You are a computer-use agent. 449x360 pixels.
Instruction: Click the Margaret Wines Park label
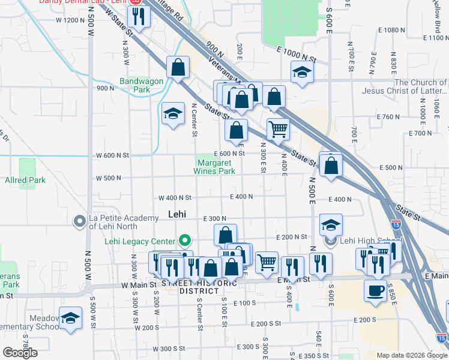[x=214, y=166]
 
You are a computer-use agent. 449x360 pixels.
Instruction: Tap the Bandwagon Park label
[x=133, y=85]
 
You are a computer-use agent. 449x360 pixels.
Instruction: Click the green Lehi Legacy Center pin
[x=185, y=242]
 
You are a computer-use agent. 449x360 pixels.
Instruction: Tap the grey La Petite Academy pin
[x=79, y=222]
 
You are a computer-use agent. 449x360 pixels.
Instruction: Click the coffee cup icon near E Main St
[x=375, y=290]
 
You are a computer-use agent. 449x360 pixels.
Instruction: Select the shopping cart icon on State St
[x=278, y=128]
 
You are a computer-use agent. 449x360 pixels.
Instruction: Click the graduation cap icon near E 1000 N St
[x=302, y=72]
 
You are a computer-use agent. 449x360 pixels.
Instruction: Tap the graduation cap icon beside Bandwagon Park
[x=173, y=113]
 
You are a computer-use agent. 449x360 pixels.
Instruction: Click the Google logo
[x=20, y=353]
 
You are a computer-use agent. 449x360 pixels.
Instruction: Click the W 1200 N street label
[x=70, y=20]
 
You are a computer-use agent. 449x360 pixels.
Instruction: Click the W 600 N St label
[x=112, y=155]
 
